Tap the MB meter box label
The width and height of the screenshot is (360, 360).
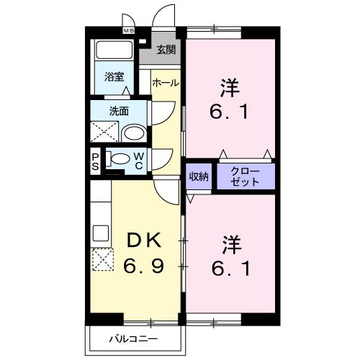[x=128, y=32]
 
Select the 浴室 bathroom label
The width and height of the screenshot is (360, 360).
[x=113, y=76]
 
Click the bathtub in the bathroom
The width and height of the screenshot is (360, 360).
[x=113, y=50]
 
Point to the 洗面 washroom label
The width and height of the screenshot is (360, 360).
[x=119, y=112]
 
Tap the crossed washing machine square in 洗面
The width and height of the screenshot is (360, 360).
[x=104, y=132]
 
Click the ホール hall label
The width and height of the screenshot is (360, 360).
[x=165, y=84]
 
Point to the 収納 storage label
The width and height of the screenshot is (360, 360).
[x=199, y=177]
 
